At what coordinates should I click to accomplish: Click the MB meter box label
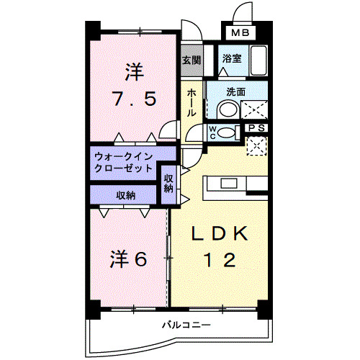tap(240, 33)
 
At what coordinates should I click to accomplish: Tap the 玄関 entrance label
tap(191, 60)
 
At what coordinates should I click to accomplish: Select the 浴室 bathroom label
tap(231, 59)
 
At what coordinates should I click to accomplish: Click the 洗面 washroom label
tap(235, 91)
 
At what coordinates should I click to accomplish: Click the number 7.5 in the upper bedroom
tap(132, 98)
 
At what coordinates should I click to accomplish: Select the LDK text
tap(220, 234)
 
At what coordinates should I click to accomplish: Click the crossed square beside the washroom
tap(255, 110)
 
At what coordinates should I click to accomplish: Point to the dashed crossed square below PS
tap(256, 145)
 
